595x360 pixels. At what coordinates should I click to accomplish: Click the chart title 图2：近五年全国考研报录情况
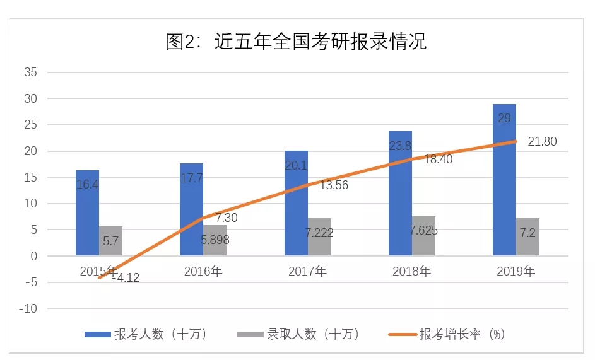tap(297, 42)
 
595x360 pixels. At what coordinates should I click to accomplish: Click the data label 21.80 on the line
tap(542, 142)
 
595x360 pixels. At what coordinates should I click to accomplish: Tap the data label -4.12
tap(126, 277)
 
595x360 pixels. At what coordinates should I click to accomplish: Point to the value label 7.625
tap(423, 230)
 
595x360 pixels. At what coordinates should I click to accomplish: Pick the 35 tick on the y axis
tap(31, 73)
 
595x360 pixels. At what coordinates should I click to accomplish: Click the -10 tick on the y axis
tap(28, 309)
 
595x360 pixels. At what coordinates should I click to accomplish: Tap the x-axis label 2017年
tap(307, 272)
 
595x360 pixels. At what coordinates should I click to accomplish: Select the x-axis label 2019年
tap(515, 272)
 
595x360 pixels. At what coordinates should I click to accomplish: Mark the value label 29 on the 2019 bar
tap(505, 119)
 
